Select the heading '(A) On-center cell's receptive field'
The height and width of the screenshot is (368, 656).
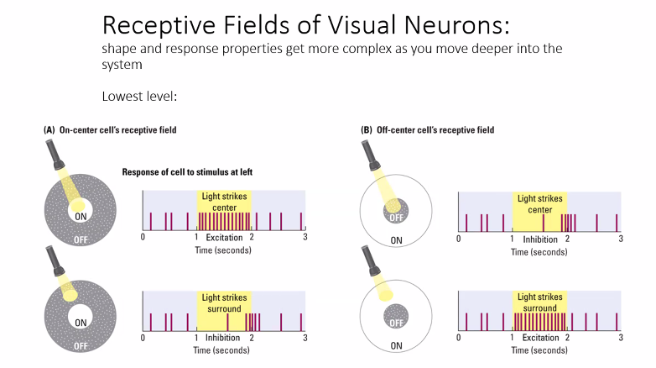tap(110, 130)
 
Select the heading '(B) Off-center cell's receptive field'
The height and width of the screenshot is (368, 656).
tap(427, 130)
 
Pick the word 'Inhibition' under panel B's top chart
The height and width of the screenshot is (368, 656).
tap(539, 239)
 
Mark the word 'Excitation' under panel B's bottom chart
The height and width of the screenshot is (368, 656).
tap(539, 338)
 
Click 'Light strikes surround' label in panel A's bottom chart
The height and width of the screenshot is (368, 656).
tap(224, 302)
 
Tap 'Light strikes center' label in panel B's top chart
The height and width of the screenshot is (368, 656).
tap(540, 203)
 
